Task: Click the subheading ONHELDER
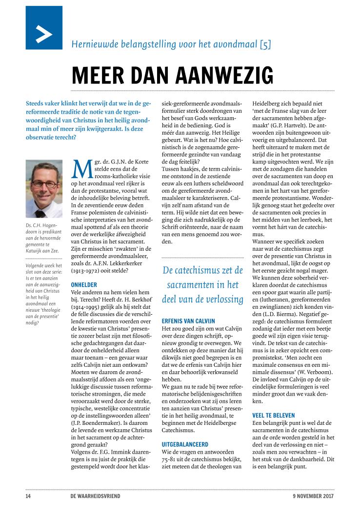pos(84,284)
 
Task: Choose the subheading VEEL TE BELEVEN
pos(274,415)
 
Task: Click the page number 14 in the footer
pos(29,497)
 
